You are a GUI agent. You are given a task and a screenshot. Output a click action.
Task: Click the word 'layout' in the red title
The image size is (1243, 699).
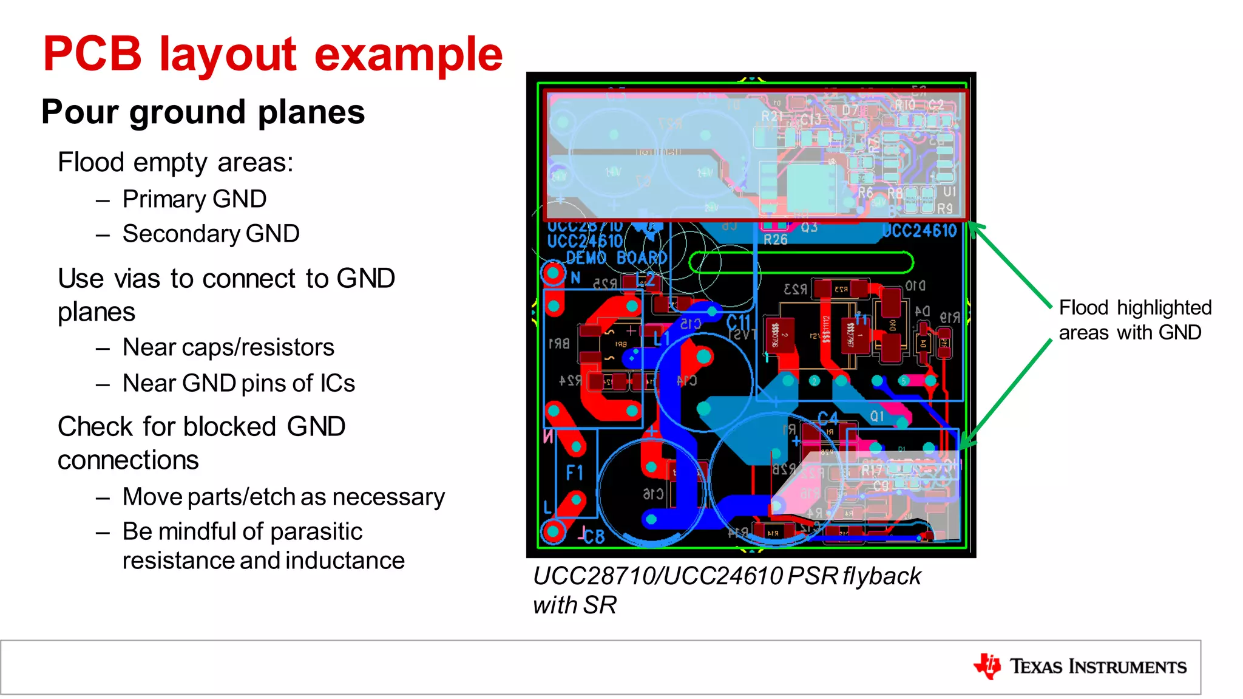tap(228, 55)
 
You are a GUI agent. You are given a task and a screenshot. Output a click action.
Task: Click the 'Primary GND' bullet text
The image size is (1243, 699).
tap(194, 199)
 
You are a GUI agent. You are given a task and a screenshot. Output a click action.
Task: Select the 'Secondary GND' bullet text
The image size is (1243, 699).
tap(211, 234)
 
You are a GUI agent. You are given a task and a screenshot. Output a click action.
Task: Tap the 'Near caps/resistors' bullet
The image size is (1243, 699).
tap(228, 347)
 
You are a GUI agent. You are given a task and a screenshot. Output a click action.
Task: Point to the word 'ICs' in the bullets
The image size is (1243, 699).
tap(337, 383)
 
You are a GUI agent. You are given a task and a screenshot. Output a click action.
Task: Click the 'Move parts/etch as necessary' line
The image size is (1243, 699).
tap(283, 497)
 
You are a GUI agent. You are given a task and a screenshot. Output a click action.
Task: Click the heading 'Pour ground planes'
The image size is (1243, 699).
tap(203, 112)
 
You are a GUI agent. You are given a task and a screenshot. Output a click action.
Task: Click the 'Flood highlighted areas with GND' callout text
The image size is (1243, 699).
tap(1134, 320)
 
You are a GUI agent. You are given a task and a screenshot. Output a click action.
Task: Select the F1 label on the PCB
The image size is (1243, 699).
tap(574, 472)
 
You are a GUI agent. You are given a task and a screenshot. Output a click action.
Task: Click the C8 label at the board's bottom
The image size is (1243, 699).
tap(593, 536)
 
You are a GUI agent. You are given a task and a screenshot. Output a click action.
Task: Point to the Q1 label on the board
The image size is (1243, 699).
tap(877, 416)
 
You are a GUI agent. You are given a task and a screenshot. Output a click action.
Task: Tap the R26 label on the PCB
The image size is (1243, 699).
tap(775, 240)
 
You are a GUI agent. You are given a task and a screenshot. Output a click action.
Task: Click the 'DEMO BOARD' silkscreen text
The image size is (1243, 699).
tap(616, 257)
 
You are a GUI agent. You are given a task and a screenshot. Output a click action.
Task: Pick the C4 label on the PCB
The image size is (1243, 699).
tap(827, 418)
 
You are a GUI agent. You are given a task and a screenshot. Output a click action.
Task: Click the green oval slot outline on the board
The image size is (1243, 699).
tap(801, 263)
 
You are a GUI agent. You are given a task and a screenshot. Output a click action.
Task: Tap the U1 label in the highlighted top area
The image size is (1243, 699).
tap(949, 192)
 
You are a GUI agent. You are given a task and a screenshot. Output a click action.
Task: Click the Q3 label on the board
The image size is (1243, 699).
tap(809, 228)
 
